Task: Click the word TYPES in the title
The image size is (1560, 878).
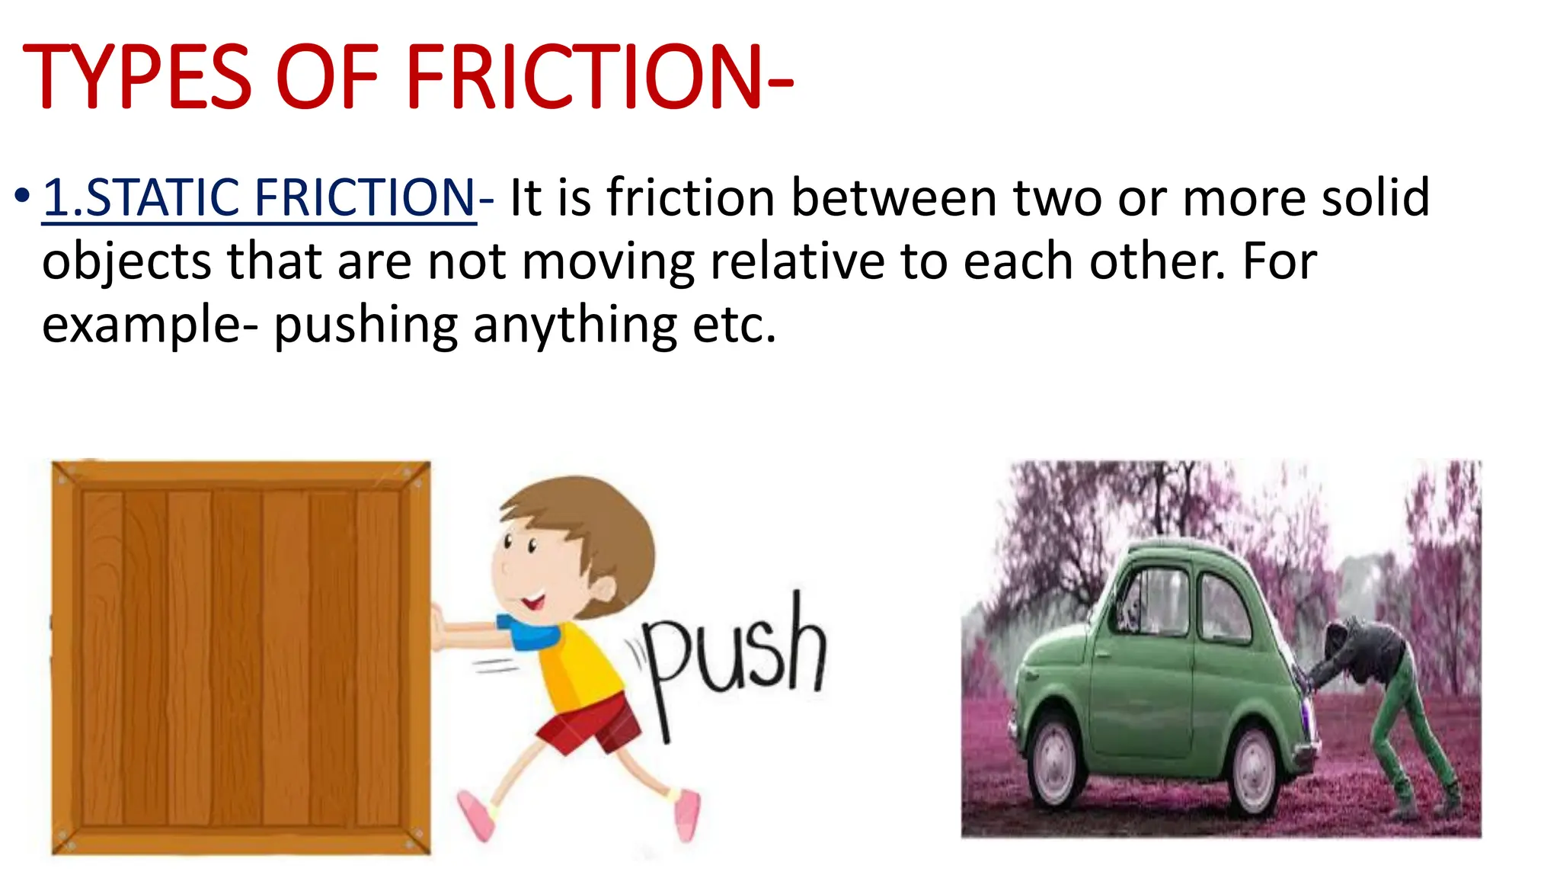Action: pyautogui.click(x=137, y=76)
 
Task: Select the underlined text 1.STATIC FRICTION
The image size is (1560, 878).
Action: pyautogui.click(x=259, y=198)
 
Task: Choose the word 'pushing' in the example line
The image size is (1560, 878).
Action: pyautogui.click(x=366, y=326)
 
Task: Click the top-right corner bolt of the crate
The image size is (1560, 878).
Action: pyautogui.click(x=417, y=474)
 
